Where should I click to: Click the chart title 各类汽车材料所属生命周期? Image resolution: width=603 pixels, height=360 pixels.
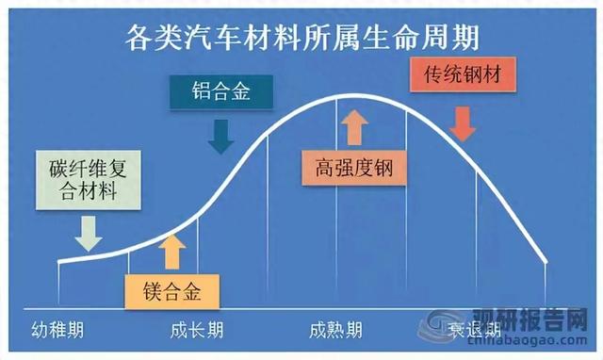coord(301,37)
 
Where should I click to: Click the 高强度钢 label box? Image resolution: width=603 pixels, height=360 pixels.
coord(354,169)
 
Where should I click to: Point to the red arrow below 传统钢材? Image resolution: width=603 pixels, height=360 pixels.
coord(463,122)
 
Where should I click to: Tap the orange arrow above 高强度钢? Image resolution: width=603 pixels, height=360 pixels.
coord(354,126)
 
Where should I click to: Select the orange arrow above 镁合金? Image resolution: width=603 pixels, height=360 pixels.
coord(172,251)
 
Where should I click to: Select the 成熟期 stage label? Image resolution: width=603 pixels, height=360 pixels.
coord(336,331)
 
